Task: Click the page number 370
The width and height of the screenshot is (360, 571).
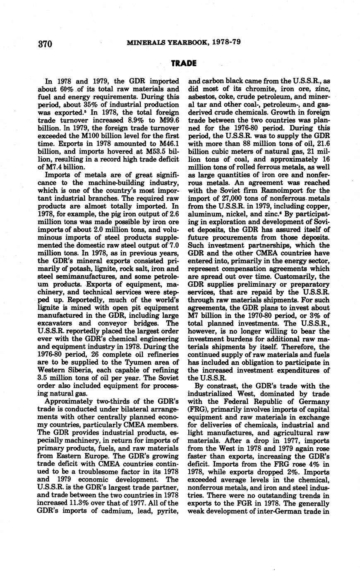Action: pos(45,43)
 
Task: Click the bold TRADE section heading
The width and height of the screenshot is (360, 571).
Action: pos(183,64)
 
